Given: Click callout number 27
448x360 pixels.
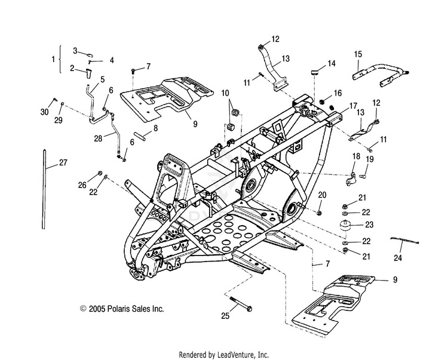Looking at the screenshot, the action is click(x=63, y=162).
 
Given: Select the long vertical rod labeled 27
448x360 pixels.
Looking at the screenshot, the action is click(x=44, y=189).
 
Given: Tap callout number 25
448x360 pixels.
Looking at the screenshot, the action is click(x=225, y=315).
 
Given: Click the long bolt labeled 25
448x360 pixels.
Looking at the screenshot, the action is click(x=241, y=304).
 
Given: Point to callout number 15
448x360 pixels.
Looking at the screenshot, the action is click(x=358, y=54).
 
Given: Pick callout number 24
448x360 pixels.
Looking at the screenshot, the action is click(x=398, y=258).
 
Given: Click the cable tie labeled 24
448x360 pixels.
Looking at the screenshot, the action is click(x=404, y=240).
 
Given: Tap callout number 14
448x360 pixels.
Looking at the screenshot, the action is click(x=332, y=63).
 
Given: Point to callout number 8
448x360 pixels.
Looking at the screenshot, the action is click(x=155, y=128).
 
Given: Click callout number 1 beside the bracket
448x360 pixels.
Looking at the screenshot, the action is click(x=53, y=59).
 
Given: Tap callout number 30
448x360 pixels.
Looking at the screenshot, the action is click(x=45, y=112).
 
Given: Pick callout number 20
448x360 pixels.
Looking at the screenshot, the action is click(x=323, y=195).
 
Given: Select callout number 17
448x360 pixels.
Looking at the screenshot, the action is click(x=354, y=106).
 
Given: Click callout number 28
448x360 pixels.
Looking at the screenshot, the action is click(x=98, y=139).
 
